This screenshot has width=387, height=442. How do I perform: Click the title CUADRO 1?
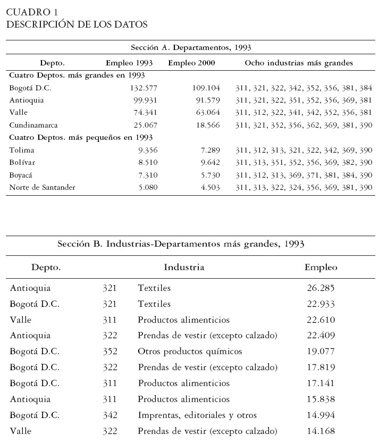(x=33, y=12)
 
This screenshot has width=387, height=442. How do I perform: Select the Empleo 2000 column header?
(x=191, y=63)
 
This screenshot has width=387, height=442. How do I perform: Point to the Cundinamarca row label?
(x=34, y=125)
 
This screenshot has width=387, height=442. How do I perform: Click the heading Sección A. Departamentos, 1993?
(x=190, y=47)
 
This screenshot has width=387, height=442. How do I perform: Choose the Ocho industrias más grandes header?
(x=298, y=63)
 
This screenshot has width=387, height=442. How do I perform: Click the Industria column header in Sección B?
(x=184, y=267)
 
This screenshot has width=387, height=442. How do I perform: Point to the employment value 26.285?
(x=321, y=288)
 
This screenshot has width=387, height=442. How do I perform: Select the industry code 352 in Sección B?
(x=110, y=352)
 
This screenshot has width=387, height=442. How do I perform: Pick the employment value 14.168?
(x=321, y=431)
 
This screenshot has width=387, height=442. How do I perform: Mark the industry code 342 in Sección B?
(x=110, y=415)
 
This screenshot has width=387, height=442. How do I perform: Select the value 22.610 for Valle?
(x=321, y=320)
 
